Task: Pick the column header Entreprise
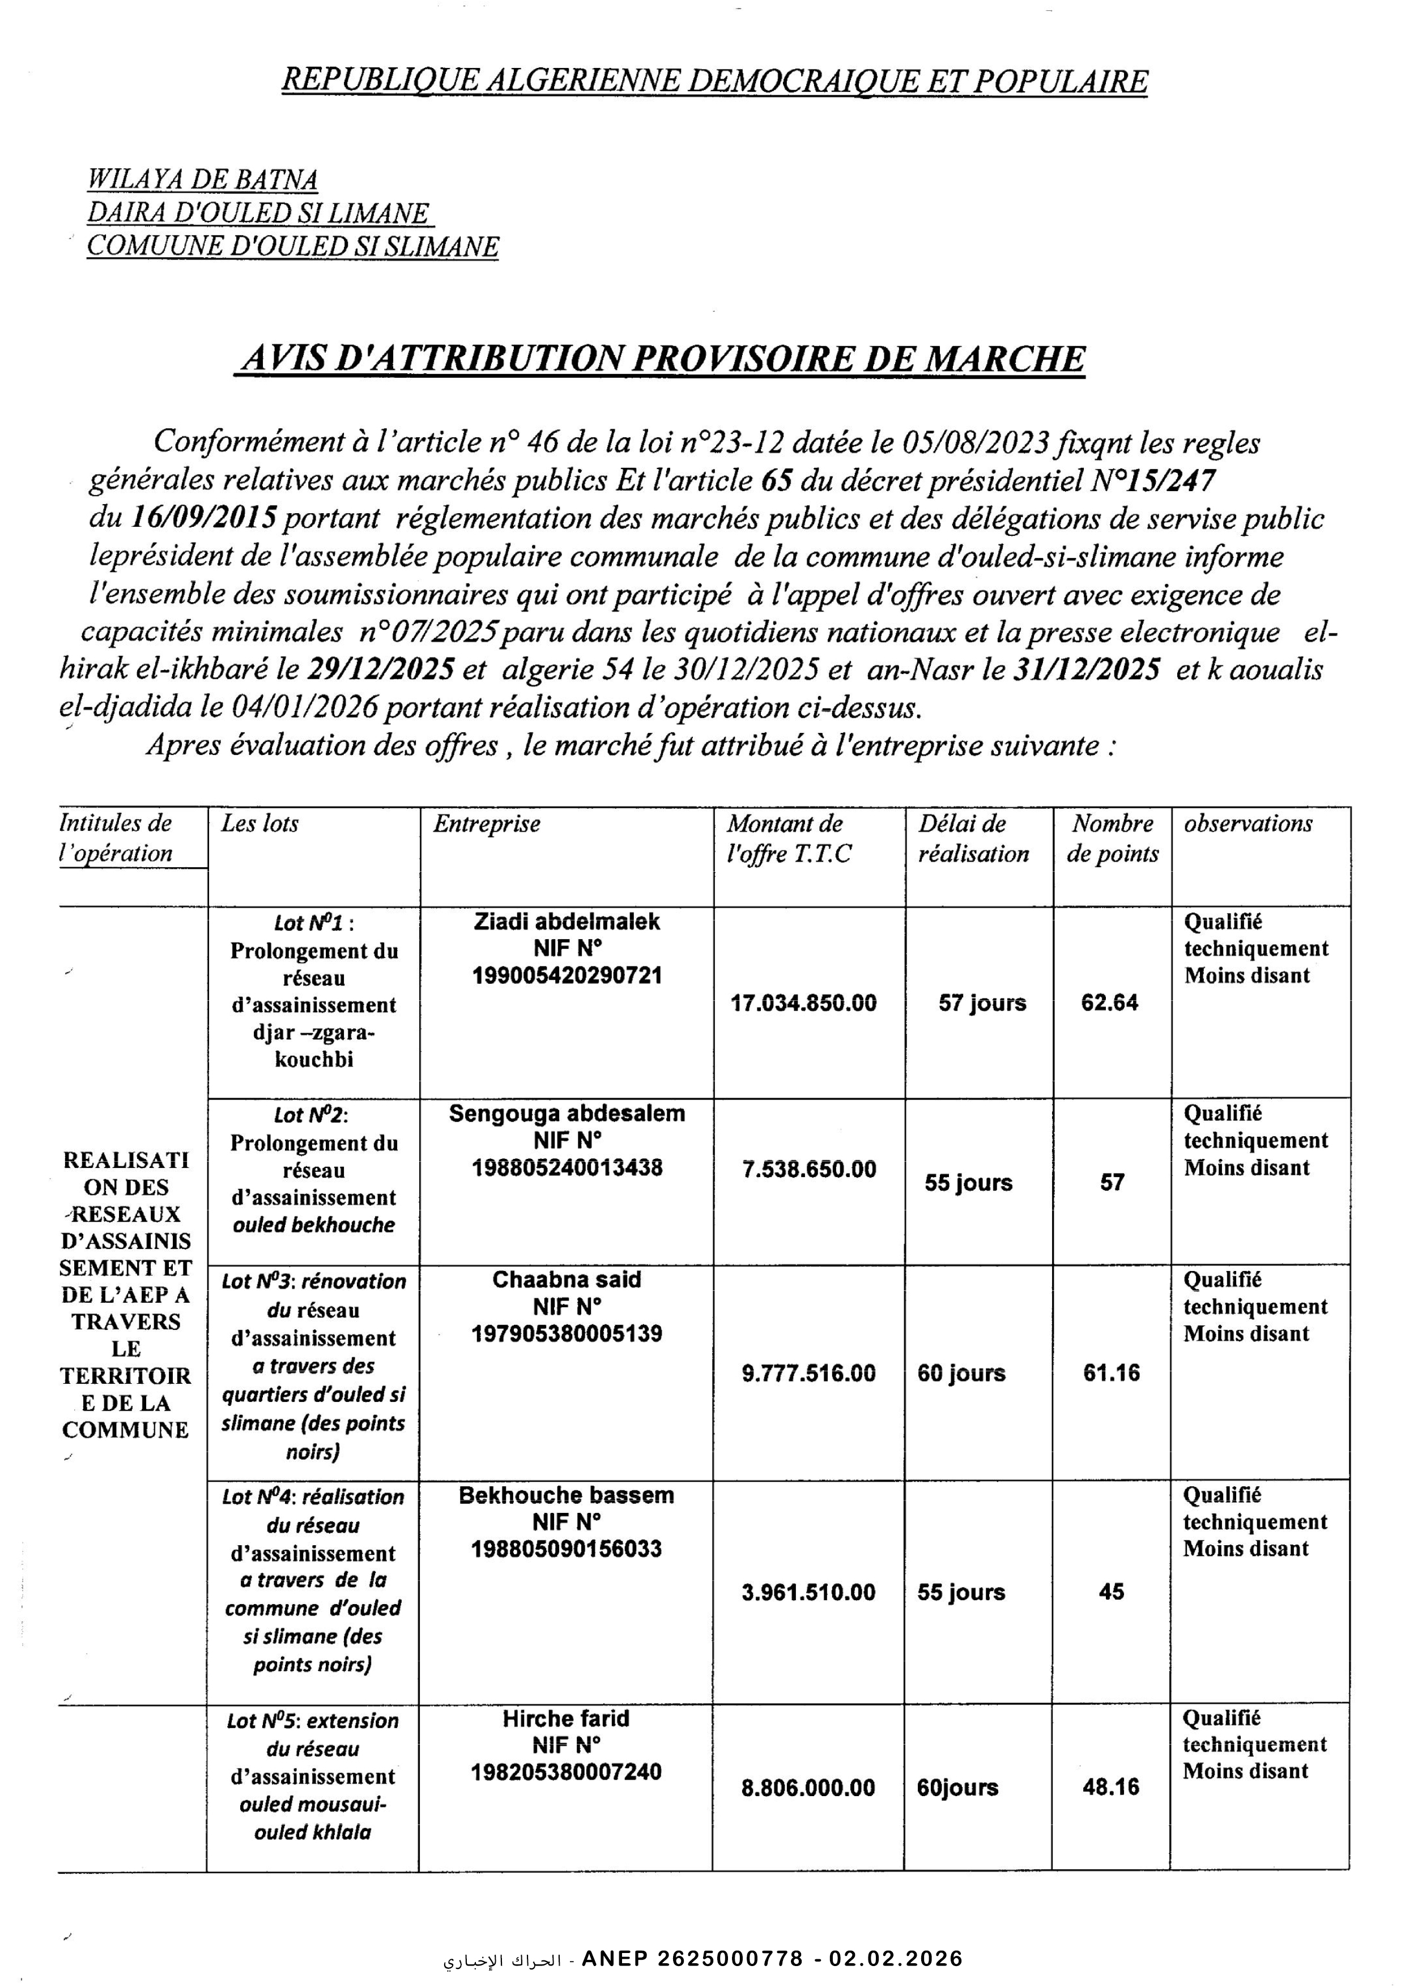(x=487, y=824)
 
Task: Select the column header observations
(x=1248, y=824)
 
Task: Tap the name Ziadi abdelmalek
(x=567, y=922)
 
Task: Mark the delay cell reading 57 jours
(x=982, y=1003)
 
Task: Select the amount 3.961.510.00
(x=808, y=1592)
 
